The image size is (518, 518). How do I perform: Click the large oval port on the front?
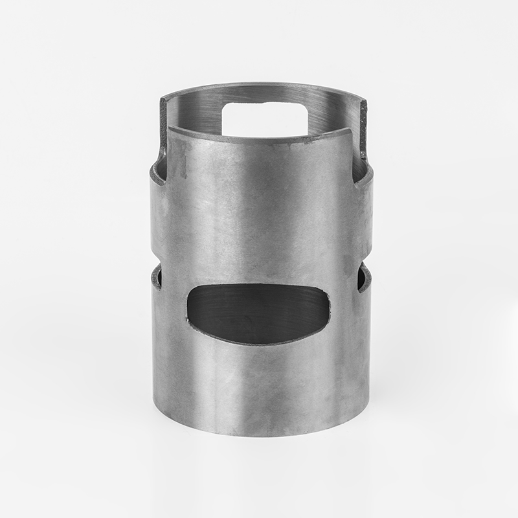point(258,313)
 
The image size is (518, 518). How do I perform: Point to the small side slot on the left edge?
point(157,276)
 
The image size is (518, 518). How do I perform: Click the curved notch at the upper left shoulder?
point(158,171)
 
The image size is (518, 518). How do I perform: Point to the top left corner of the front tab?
point(170,128)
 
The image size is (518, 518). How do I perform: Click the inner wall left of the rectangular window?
point(194,113)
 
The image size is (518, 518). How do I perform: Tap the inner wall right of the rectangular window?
point(330,113)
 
